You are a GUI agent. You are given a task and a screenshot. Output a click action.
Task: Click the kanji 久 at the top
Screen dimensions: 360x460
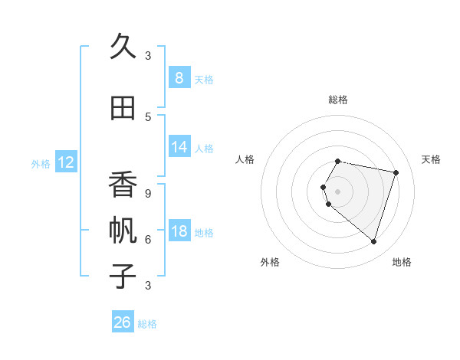(123, 47)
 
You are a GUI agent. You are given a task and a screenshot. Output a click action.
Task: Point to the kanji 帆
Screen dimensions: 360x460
(123, 231)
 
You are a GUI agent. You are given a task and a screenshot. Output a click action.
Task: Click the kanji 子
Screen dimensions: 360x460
(123, 276)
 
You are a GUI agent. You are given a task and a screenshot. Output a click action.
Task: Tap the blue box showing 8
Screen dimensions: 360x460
(179, 78)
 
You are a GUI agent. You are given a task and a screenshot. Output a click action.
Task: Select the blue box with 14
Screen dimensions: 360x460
(179, 147)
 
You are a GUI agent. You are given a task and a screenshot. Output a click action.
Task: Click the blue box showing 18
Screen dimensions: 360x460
(179, 231)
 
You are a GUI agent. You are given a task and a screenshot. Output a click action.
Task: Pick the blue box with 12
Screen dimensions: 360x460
(66, 162)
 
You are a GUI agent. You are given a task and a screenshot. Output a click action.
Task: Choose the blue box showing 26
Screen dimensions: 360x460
(123, 322)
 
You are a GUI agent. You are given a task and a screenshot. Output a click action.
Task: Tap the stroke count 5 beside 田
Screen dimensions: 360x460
(148, 116)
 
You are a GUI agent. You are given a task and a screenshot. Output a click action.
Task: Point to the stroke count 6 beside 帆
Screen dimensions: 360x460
(148, 239)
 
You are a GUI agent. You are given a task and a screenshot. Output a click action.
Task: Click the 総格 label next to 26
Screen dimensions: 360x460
(147, 324)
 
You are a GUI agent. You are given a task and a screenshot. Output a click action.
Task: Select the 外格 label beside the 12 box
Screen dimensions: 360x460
(40, 163)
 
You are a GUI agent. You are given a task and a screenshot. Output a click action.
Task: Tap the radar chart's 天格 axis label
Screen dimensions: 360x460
(431, 159)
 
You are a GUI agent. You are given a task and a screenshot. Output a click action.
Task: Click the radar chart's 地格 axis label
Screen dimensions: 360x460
(402, 262)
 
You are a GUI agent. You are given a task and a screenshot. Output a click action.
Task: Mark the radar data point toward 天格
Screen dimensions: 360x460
(396, 172)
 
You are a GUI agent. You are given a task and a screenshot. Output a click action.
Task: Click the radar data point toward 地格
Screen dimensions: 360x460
(373, 241)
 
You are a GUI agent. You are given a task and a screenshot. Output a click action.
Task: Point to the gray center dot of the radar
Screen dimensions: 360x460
(337, 191)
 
